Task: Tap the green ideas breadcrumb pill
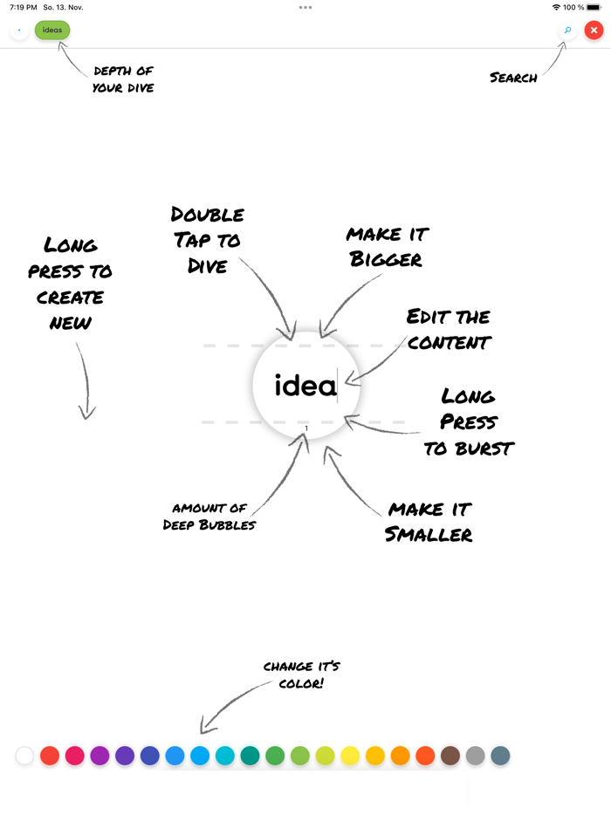point(52,31)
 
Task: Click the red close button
point(594,31)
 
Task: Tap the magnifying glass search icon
point(568,31)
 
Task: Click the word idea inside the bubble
point(305,385)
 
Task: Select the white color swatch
point(24,755)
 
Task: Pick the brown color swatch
point(450,755)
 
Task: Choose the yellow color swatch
point(350,755)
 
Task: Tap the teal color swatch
point(251,755)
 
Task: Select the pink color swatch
point(75,755)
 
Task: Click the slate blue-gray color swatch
point(500,755)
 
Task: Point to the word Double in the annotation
point(208,215)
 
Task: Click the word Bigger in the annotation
point(385,259)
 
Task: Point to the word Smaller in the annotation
point(429,534)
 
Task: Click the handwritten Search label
point(513,78)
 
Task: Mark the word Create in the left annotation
point(70,298)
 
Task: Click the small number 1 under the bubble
point(306,428)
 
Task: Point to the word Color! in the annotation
point(301,683)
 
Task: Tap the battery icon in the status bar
point(594,7)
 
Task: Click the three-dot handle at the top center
point(305,7)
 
